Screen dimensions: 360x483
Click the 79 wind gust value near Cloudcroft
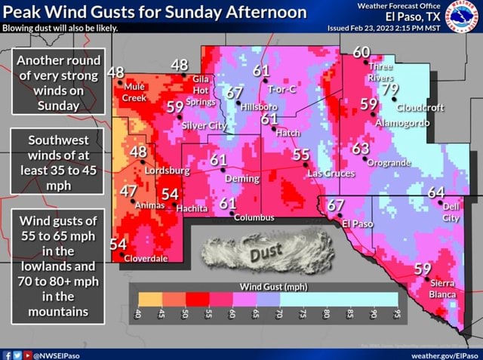390,90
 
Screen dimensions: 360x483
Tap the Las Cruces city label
331,174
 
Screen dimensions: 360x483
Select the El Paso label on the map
358,224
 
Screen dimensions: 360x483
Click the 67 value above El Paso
336,206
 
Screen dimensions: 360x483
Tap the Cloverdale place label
146,258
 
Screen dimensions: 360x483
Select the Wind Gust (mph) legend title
273,287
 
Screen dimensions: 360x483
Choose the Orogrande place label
389,162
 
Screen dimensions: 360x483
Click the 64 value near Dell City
436,193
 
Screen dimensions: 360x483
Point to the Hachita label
192,208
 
